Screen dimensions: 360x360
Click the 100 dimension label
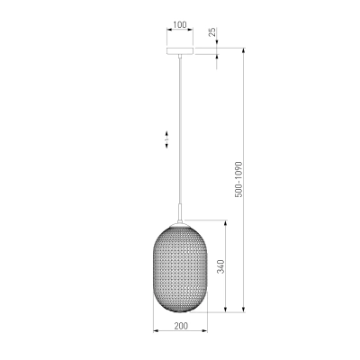click(180, 24)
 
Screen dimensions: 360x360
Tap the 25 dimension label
click(212, 31)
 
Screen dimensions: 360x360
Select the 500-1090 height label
click(238, 179)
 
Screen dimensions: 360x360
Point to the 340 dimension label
click(220, 266)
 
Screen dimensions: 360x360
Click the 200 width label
click(181, 326)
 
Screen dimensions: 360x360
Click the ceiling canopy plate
click(180, 51)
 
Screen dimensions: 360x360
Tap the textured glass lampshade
click(180, 269)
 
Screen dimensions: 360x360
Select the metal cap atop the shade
click(180, 224)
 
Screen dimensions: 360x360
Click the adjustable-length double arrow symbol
click(166, 139)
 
